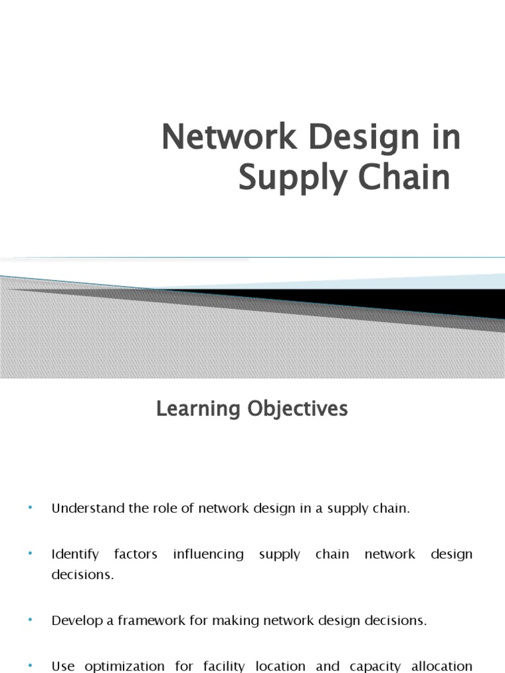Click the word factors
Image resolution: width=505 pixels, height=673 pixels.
pyautogui.click(x=135, y=554)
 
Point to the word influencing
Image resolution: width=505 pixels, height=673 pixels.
pyautogui.click(x=208, y=554)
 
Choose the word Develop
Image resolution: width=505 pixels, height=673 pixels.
pyautogui.click(x=76, y=620)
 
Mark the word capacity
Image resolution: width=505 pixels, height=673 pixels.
pyautogui.click(x=375, y=666)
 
